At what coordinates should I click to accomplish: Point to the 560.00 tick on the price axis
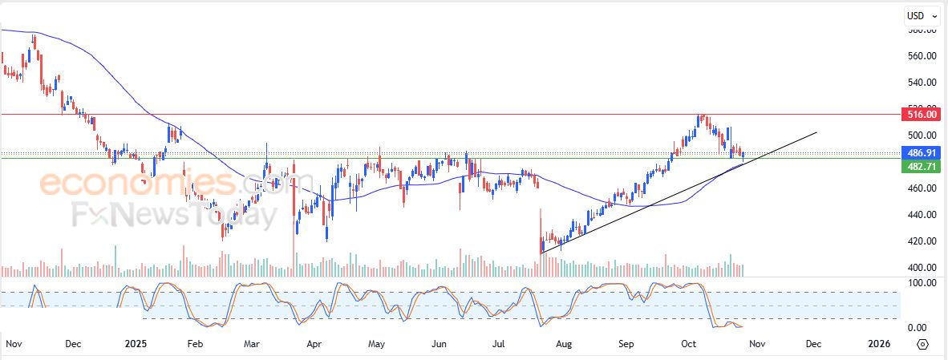922,56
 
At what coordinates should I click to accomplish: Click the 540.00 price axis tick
922,83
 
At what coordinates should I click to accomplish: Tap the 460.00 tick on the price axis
922,188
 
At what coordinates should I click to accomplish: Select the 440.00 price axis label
922,215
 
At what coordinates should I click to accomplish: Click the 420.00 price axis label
922,241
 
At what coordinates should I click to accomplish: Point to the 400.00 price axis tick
922,268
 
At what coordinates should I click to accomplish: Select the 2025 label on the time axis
136,344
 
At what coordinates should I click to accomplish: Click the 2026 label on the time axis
880,344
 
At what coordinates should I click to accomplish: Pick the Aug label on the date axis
564,344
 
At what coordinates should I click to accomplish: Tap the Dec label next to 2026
813,344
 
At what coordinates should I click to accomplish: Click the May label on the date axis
376,344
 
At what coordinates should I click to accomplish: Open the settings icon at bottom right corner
922,344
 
